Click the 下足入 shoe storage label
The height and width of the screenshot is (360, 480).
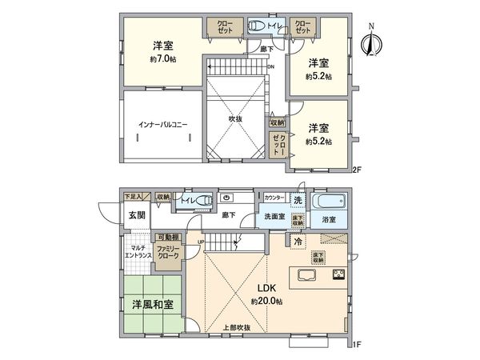(x=132, y=195)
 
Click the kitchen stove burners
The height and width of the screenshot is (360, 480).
(x=338, y=278)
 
